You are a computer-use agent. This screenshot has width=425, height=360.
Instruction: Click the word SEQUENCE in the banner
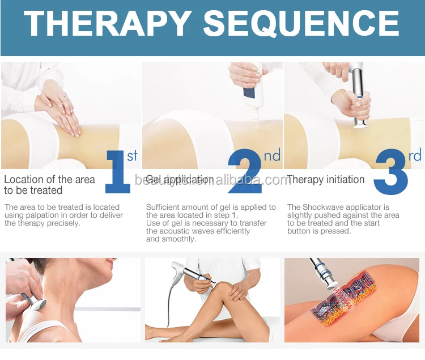point(301,24)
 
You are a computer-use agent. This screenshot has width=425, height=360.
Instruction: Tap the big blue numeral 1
point(118,172)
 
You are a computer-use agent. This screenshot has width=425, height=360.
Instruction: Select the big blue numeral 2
point(244,171)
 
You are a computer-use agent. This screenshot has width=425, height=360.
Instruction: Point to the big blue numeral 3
point(391,172)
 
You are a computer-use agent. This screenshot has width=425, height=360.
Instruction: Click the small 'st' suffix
point(132,155)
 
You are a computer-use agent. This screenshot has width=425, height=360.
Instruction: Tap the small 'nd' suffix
point(272,155)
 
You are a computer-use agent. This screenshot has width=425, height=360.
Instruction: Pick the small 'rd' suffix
point(415,155)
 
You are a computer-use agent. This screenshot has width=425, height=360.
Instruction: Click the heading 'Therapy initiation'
point(325,180)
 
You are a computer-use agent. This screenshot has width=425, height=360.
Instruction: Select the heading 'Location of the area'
point(50,180)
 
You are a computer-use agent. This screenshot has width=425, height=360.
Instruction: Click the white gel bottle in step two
point(252,92)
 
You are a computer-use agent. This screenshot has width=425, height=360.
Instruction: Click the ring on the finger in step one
point(65,96)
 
